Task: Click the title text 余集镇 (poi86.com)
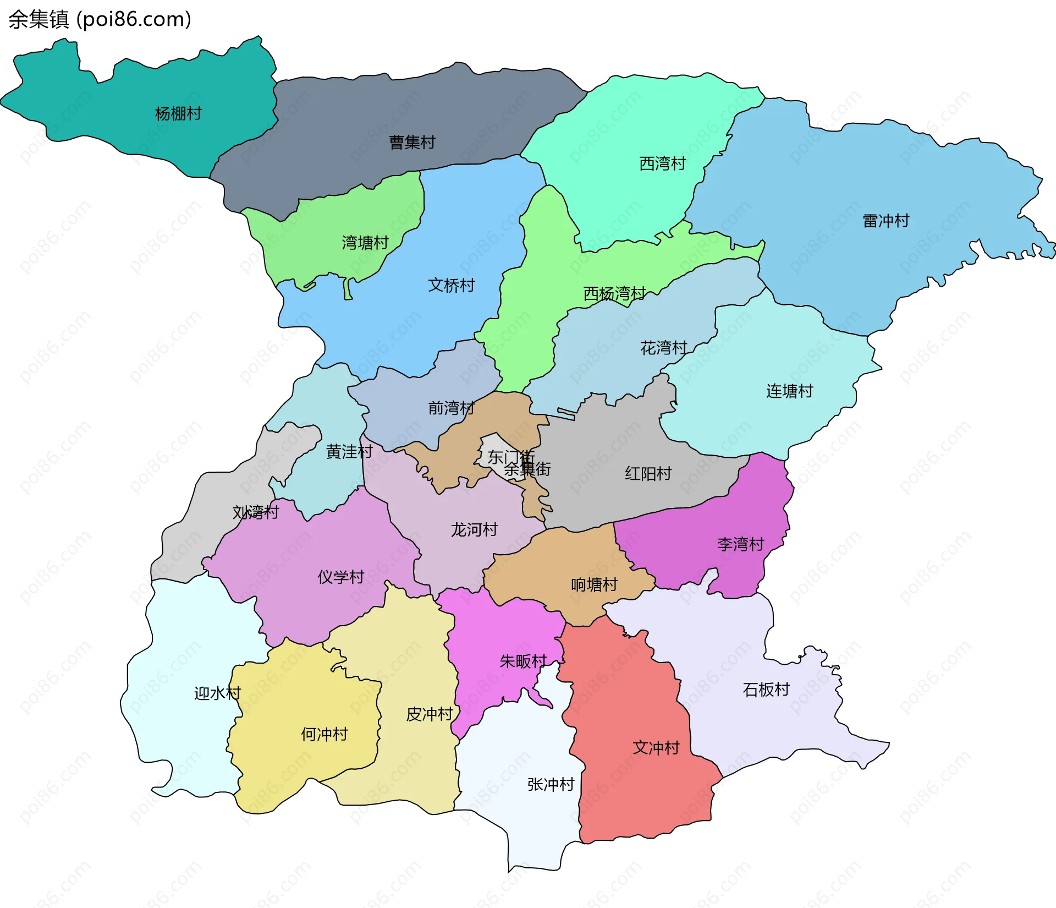100,19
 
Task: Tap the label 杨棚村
178,114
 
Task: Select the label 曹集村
412,143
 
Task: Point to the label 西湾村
662,163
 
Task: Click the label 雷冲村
886,221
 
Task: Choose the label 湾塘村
365,243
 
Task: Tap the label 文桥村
451,285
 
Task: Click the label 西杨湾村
614,294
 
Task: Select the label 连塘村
789,391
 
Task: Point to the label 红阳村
648,474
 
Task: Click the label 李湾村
740,544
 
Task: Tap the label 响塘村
594,584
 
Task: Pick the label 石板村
766,690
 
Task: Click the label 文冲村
656,748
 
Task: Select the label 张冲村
551,784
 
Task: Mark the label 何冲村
324,734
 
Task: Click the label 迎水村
217,693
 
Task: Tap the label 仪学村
340,577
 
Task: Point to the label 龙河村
474,530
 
